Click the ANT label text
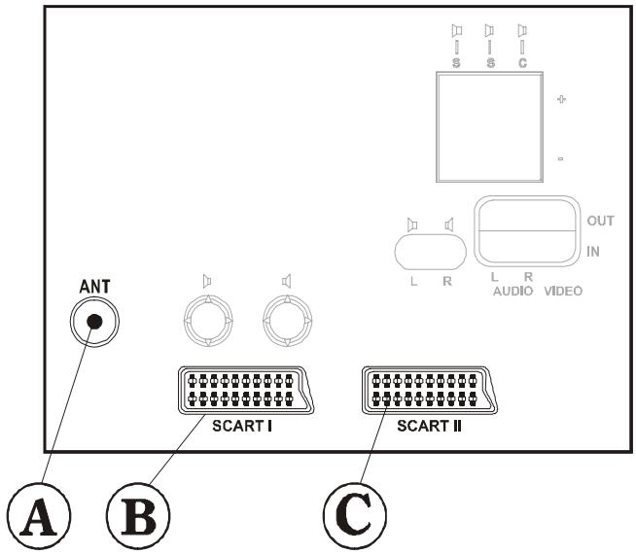(x=94, y=287)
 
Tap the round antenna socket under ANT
(x=94, y=322)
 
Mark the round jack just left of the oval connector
(x=287, y=318)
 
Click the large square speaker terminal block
(x=489, y=127)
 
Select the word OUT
(x=600, y=221)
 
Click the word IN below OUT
(x=592, y=250)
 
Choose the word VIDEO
(x=561, y=291)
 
